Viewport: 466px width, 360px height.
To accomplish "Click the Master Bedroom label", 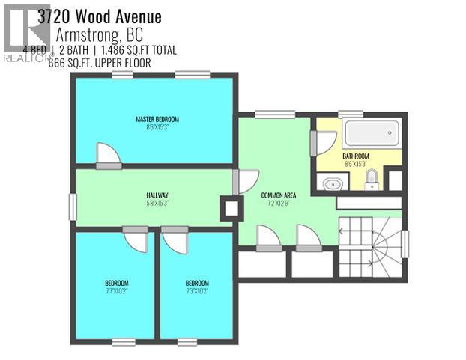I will (157, 119).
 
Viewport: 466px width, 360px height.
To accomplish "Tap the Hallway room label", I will (157, 195).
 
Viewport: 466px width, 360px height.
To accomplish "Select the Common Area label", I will (279, 195).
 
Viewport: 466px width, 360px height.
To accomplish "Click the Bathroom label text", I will (356, 156).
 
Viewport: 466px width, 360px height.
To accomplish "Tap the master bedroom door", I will (109, 153).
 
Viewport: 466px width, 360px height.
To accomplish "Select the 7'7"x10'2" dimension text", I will (117, 291).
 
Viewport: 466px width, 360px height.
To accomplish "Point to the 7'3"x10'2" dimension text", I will (198, 291).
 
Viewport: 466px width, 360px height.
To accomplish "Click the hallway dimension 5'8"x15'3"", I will (157, 203).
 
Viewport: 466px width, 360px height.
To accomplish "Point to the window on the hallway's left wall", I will (72, 207).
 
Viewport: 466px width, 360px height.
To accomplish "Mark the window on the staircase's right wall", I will (405, 245).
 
